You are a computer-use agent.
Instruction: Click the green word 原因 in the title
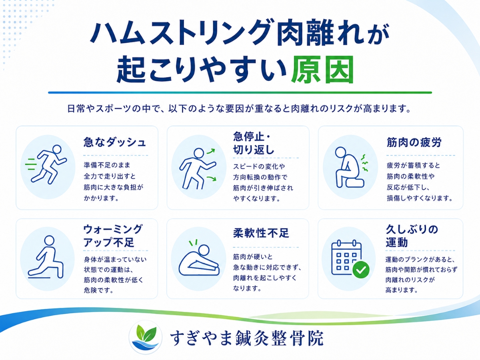click(322, 69)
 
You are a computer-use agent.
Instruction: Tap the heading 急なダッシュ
click(114, 142)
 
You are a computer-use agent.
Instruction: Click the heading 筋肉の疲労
click(414, 142)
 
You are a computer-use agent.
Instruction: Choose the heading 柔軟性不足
click(261, 233)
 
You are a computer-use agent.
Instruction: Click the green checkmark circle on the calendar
click(361, 270)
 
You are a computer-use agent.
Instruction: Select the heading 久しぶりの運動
click(412, 236)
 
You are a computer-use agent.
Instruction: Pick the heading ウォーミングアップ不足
click(113, 236)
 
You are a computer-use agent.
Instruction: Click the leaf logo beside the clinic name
click(146, 337)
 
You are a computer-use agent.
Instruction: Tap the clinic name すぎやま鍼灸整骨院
click(247, 338)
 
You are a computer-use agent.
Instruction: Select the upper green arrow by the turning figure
click(211, 151)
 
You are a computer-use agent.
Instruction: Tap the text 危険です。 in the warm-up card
click(98, 290)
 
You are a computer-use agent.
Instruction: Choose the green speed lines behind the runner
click(31, 164)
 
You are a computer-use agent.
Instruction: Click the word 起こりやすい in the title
click(201, 69)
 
